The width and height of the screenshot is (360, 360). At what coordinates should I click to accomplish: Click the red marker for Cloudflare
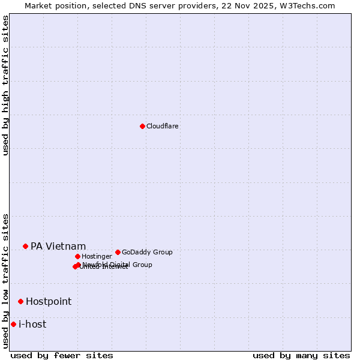point(142,126)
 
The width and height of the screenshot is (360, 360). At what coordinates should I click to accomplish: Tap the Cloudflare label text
point(162,126)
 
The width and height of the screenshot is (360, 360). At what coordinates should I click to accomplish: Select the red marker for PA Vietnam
point(25,246)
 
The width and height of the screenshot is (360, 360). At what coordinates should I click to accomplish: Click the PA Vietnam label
point(58,246)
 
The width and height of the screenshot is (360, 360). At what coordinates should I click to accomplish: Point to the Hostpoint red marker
point(20,301)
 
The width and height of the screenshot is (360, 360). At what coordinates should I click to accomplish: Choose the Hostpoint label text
point(48,301)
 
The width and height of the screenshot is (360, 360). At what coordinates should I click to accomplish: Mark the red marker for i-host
point(13,324)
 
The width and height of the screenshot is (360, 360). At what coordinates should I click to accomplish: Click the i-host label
point(32,324)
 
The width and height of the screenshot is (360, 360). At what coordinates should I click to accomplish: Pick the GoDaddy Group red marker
point(118,252)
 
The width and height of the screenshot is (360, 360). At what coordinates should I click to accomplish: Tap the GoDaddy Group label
point(147,252)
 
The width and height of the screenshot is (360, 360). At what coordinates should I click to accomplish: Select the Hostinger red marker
point(77,256)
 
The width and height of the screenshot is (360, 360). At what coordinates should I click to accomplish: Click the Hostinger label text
point(97,256)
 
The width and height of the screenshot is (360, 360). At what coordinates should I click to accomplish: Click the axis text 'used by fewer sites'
point(62,355)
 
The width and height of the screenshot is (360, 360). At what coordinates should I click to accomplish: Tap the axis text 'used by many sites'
point(301,355)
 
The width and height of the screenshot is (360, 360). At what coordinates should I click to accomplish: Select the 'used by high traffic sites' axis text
point(5,85)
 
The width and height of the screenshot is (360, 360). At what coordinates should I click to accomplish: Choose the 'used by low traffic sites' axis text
point(5,281)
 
